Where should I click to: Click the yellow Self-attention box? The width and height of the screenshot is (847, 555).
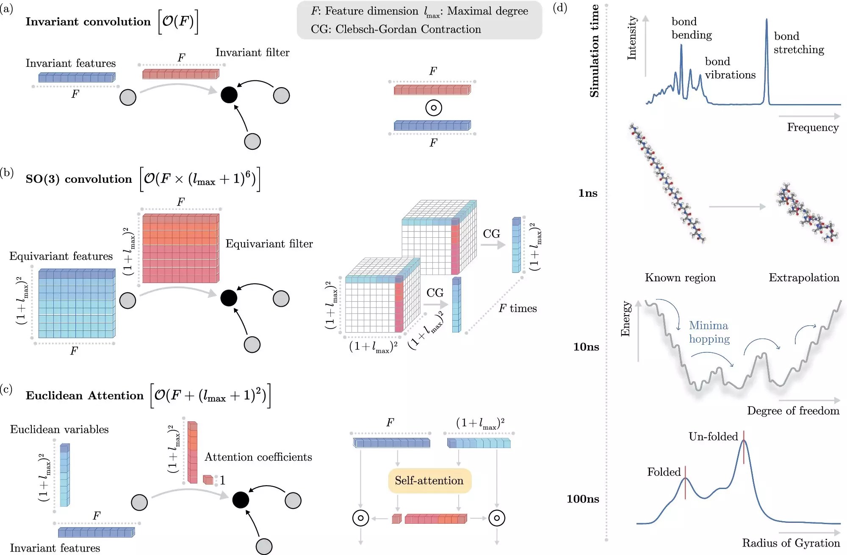point(429,481)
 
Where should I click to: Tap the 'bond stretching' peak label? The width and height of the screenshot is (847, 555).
point(799,43)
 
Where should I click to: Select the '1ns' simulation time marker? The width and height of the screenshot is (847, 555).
point(588,193)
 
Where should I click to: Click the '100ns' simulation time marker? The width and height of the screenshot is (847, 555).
point(583,499)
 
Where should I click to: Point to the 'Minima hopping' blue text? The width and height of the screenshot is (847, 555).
point(709,332)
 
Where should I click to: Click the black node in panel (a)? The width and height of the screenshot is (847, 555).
point(229,95)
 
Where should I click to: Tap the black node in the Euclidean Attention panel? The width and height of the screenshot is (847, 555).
point(241,500)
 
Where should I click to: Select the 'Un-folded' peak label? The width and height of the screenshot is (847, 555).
point(713,437)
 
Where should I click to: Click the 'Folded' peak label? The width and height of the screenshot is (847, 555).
point(664,472)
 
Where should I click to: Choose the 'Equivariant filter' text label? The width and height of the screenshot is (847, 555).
point(269,244)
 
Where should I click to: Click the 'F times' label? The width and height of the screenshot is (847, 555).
point(518,308)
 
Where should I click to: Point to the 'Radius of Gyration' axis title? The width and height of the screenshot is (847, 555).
point(791,543)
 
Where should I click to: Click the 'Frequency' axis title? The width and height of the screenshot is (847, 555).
point(813,127)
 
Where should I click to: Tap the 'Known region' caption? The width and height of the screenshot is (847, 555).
point(680,278)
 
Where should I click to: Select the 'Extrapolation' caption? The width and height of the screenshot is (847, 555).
point(804,278)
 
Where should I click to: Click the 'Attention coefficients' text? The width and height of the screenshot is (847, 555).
point(258,457)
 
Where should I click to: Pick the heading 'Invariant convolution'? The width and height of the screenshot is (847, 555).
point(88,22)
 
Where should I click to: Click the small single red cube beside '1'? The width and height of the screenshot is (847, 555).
point(208,480)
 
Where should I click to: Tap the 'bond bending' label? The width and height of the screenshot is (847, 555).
point(692,28)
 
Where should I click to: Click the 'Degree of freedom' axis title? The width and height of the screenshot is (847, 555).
point(793,411)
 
